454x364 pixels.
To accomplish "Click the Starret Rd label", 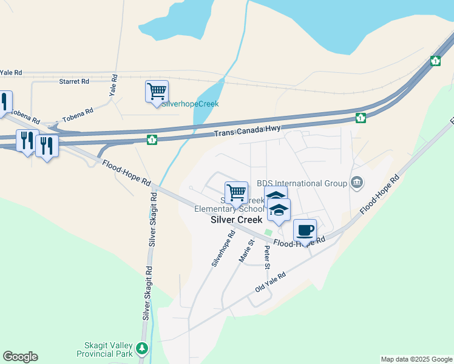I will pos(75,81).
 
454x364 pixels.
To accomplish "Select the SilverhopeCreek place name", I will pos(190,104).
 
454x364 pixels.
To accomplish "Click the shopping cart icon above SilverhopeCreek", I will pos(157,92).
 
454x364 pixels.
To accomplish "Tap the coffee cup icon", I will pos(305,231).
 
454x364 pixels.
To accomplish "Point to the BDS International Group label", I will pos(302,183).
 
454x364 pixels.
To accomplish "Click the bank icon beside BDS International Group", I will pos(357,182).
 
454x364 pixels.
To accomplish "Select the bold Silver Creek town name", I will pos(236,220).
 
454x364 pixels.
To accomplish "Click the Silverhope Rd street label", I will pos(223,249).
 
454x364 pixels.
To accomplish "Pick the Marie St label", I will pos(246,251).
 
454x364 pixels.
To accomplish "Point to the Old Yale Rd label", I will pos(271,283).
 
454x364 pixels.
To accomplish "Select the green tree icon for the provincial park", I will pos(142,349).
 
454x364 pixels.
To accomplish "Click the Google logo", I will pos(20,357).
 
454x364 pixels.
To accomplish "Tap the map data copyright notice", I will pos(416,359).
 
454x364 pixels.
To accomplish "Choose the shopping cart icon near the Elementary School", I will pos(236,193).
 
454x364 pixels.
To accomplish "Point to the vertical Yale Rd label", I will pos(113,86).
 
